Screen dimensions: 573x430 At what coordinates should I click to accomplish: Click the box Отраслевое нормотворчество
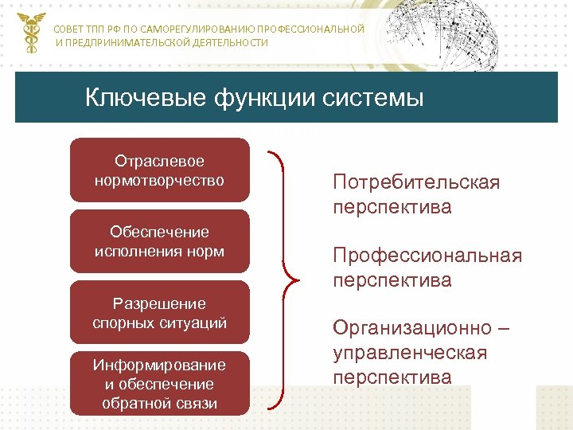159,171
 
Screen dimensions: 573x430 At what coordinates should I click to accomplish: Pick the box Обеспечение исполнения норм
159,242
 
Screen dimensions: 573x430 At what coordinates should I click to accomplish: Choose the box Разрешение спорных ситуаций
159,314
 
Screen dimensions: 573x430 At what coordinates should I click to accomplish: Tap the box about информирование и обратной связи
159,384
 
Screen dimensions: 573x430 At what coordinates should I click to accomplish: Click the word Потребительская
416,182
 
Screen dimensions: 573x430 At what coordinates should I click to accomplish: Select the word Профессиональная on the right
427,256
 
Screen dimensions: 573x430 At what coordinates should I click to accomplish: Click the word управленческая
410,352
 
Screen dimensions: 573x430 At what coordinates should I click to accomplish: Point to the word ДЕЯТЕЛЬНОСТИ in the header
230,42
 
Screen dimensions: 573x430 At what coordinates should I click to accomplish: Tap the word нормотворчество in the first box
159,181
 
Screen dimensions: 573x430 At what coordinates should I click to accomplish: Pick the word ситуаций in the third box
196,323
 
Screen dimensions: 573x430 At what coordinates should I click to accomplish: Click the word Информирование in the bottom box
159,365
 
